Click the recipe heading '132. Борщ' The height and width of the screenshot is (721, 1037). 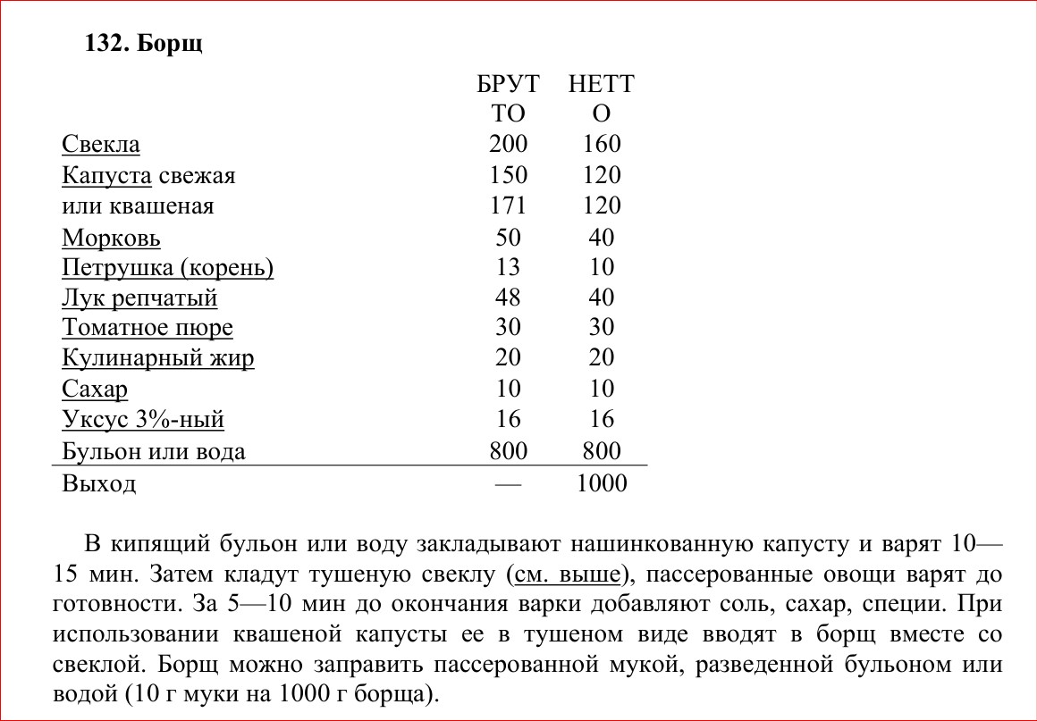pyautogui.click(x=143, y=44)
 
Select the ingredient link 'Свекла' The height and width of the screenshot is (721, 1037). pyautogui.click(x=101, y=145)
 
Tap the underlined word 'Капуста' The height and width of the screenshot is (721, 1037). pyautogui.click(x=105, y=175)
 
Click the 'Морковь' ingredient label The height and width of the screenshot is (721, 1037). pyautogui.click(x=111, y=239)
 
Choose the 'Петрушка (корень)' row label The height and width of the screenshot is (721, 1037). pyautogui.click(x=167, y=268)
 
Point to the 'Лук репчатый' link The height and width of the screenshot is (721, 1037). pyautogui.click(x=139, y=298)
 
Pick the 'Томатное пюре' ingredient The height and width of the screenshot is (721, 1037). pyautogui.click(x=148, y=328)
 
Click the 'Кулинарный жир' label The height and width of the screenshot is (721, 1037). pyautogui.click(x=158, y=358)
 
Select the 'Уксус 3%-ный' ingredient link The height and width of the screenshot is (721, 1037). pyautogui.click(x=143, y=419)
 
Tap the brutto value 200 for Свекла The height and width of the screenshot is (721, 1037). pyautogui.click(x=509, y=145)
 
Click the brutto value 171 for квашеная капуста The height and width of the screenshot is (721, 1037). pyautogui.click(x=509, y=206)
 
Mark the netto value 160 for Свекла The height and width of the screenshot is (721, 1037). pyautogui.click(x=602, y=145)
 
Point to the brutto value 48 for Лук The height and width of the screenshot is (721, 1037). pyautogui.click(x=509, y=298)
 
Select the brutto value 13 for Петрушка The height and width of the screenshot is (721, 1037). pyautogui.click(x=509, y=268)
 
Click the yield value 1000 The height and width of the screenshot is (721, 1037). pyautogui.click(x=602, y=483)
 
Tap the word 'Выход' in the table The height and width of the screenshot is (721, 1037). pyautogui.click(x=99, y=484)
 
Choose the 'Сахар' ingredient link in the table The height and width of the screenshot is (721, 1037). pyautogui.click(x=95, y=390)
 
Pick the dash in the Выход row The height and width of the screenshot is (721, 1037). pyautogui.click(x=508, y=483)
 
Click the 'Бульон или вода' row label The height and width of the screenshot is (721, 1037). pyautogui.click(x=153, y=451)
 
